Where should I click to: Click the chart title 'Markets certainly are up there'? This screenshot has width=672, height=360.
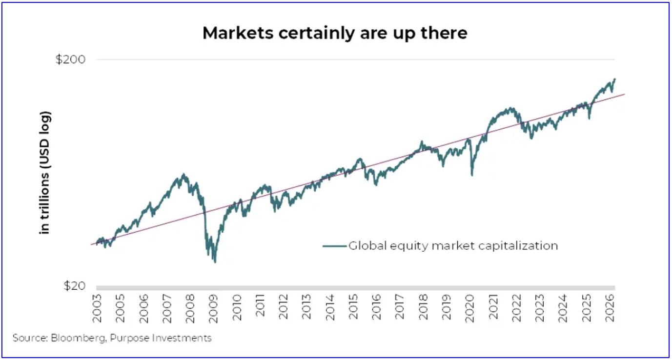[335, 33]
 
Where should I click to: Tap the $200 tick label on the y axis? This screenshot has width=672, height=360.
[70, 60]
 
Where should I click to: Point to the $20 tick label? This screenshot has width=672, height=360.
[74, 286]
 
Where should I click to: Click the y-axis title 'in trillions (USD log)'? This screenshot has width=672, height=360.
[45, 173]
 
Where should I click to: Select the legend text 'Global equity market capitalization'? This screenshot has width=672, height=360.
[453, 246]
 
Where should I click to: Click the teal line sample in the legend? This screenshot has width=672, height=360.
[334, 246]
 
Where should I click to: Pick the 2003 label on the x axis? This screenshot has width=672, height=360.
[97, 308]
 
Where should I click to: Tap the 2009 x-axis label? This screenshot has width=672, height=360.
[213, 308]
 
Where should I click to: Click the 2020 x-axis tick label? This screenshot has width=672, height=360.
[469, 308]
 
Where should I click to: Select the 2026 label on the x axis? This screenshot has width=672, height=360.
[610, 308]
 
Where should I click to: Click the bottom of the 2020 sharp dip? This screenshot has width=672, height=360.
[472, 175]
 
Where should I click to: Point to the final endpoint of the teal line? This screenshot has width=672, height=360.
[615, 79]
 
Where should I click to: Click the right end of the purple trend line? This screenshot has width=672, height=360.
[624, 94]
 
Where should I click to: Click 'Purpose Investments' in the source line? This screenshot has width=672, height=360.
[161, 338]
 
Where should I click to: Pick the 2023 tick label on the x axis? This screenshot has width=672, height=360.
[540, 308]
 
